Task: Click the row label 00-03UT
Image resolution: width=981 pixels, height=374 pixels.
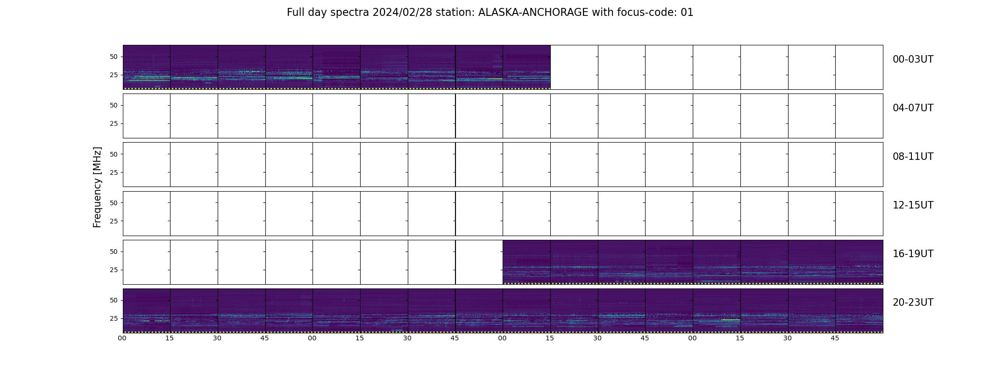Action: point(913,59)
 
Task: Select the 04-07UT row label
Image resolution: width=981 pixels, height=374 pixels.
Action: point(913,108)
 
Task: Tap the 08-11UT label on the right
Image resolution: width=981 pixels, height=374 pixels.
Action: point(913,157)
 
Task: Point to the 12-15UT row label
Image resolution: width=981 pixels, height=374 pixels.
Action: point(913,205)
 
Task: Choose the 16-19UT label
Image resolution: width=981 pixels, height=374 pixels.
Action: point(913,254)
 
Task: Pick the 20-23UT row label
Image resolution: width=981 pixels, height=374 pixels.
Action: point(913,302)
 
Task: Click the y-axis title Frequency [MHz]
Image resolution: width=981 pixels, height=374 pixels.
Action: point(97,187)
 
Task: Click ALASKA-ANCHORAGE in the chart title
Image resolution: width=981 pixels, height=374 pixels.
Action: point(533,13)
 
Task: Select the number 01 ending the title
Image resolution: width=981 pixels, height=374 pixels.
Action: point(687,13)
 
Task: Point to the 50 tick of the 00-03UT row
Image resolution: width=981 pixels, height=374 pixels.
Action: point(114,57)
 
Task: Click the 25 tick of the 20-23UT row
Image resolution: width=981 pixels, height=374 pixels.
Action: point(114,318)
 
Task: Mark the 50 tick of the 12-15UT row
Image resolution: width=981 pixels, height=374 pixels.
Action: point(114,203)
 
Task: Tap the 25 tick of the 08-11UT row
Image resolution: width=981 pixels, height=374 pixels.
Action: point(114,173)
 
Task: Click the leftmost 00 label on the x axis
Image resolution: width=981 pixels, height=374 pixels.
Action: point(122,338)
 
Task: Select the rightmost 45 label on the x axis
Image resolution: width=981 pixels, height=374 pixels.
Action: point(835,338)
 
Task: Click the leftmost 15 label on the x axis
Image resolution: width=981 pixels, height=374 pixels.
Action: point(170,338)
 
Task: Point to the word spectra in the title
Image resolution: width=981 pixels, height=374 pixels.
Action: point(350,13)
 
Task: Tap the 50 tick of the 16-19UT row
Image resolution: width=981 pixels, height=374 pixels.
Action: point(114,252)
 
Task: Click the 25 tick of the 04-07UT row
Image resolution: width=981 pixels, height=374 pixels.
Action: point(114,124)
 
